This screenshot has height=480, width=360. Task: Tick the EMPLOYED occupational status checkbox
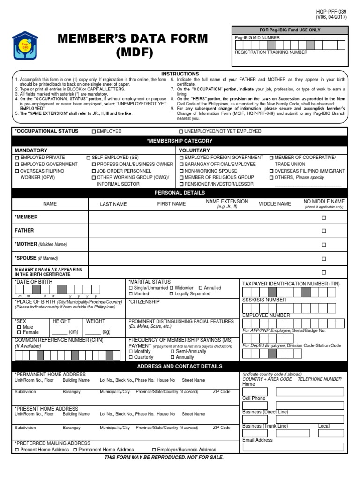click(94, 132)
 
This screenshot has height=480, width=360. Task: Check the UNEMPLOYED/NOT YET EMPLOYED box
click(181, 132)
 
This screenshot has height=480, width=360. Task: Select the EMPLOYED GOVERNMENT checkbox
click(17, 165)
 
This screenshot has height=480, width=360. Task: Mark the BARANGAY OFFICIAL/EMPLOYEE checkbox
click(181, 165)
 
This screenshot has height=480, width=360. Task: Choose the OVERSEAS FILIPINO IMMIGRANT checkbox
click(271, 171)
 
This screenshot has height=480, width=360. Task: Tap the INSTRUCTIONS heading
click(180, 74)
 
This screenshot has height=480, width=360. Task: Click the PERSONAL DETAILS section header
click(180, 193)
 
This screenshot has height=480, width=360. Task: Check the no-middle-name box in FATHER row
click(323, 231)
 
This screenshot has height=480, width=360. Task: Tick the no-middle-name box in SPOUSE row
click(323, 259)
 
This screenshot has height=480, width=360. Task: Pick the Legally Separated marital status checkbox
click(172, 294)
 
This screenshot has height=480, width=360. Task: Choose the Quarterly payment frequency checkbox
click(131, 357)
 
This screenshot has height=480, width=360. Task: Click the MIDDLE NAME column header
click(274, 204)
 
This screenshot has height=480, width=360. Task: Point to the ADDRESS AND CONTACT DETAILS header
click(180, 366)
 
